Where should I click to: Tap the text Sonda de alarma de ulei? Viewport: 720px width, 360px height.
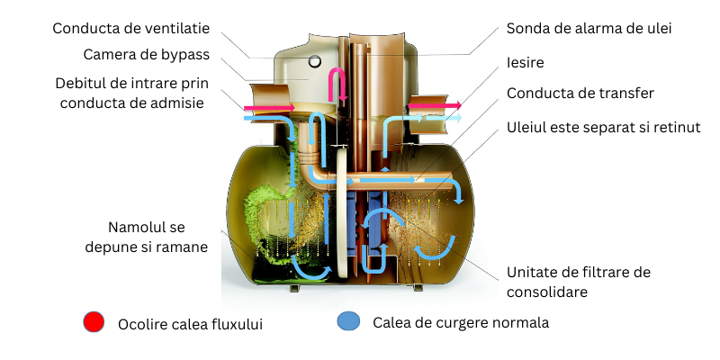(589, 28)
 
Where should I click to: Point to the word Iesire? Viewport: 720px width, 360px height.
(526, 63)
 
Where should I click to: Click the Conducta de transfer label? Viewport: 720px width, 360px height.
(580, 93)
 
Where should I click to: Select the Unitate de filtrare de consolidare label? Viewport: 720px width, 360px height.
(578, 282)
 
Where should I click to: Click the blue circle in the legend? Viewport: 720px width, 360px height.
(348, 322)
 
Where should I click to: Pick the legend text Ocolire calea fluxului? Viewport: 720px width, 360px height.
(190, 323)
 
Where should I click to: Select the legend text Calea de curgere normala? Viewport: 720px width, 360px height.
(454, 322)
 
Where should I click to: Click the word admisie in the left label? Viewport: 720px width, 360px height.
(178, 103)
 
